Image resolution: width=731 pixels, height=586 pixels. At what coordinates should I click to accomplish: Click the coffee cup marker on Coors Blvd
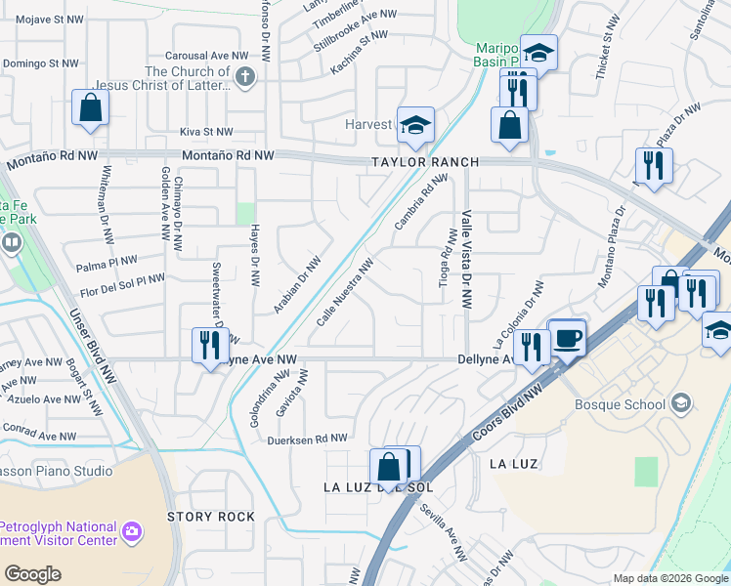[567, 338]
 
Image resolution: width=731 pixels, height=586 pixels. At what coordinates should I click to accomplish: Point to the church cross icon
[244, 77]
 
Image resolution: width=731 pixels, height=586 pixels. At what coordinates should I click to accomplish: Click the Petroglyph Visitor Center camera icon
[132, 533]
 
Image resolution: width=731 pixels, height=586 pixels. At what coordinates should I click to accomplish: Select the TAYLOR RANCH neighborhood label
[424, 162]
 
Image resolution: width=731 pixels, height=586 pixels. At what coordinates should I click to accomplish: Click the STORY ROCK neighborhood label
[211, 516]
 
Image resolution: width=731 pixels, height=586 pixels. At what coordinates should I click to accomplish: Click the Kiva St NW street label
[206, 132]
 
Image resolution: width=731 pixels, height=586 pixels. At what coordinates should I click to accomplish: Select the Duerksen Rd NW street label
[308, 439]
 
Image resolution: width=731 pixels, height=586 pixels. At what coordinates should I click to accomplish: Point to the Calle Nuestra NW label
[346, 293]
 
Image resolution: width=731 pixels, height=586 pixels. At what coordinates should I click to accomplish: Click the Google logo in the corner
[32, 574]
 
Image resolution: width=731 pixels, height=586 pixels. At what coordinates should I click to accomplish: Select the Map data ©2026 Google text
[670, 578]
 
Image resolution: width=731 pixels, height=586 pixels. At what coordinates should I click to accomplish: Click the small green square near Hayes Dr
[245, 213]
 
